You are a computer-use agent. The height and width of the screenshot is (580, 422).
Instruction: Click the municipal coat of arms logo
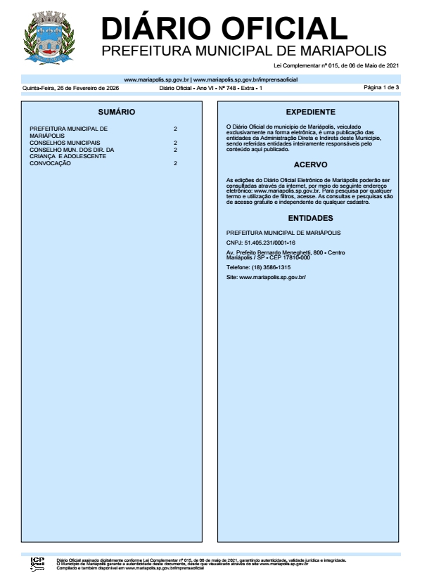click(49, 41)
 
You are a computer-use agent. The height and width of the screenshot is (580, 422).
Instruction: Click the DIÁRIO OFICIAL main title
click(224, 29)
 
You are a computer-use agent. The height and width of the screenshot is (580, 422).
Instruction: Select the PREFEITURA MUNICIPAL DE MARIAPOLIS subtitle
click(244, 51)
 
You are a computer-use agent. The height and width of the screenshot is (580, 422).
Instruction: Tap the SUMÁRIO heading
click(116, 112)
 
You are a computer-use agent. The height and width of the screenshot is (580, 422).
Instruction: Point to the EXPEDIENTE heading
click(310, 112)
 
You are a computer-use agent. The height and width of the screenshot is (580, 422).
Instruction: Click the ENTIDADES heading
click(310, 218)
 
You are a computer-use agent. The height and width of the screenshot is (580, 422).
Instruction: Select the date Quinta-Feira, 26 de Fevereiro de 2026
click(70, 89)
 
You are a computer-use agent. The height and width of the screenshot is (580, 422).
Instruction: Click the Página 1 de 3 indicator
click(381, 88)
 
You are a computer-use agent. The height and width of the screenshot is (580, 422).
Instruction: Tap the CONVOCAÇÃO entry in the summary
click(51, 163)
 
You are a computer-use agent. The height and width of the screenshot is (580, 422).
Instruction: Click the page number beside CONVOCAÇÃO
click(175, 163)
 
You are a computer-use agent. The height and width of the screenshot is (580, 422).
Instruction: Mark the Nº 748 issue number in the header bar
click(225, 89)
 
